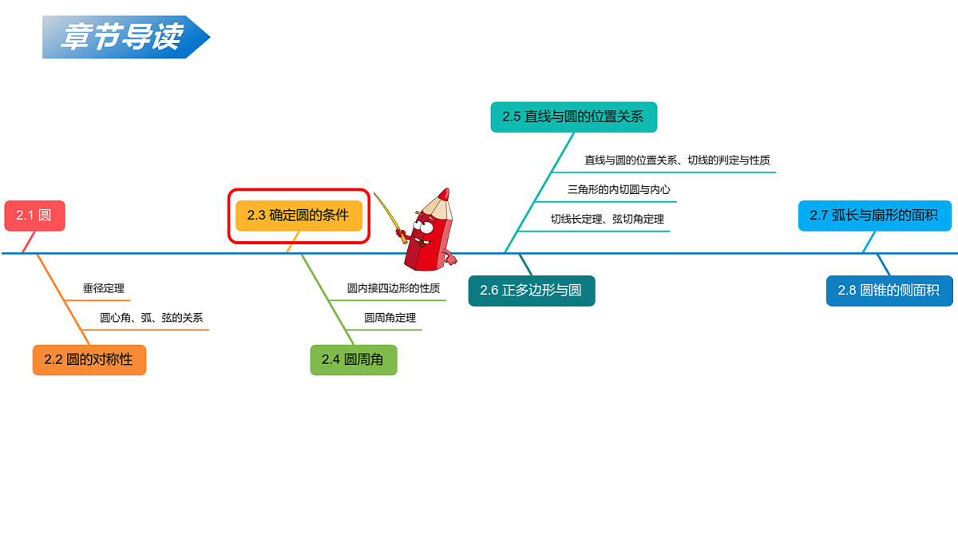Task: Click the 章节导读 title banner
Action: pos(126,38)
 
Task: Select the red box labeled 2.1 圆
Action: pos(34,216)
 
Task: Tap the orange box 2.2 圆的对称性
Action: pos(89,360)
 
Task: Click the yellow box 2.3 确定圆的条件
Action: pos(299,216)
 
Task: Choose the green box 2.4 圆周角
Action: pos(353,360)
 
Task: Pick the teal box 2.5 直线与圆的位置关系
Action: pos(573,117)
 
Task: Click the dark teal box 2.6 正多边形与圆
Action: pos(531,291)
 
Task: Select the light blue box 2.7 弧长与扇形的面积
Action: pos(875,216)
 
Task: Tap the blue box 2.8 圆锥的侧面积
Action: pos(889,291)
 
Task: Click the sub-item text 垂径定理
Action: pos(104,288)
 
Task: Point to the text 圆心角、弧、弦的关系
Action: pos(151,318)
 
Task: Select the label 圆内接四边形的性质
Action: pos(394,288)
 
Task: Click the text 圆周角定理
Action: pos(390,318)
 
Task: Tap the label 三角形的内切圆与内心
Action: pos(619,189)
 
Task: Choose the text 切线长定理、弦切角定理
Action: pos(608,219)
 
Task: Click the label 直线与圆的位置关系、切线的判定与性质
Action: pos(677,160)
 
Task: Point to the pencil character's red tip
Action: pos(445,195)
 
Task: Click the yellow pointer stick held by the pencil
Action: pos(390,218)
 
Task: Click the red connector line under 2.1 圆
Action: pos(28,242)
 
